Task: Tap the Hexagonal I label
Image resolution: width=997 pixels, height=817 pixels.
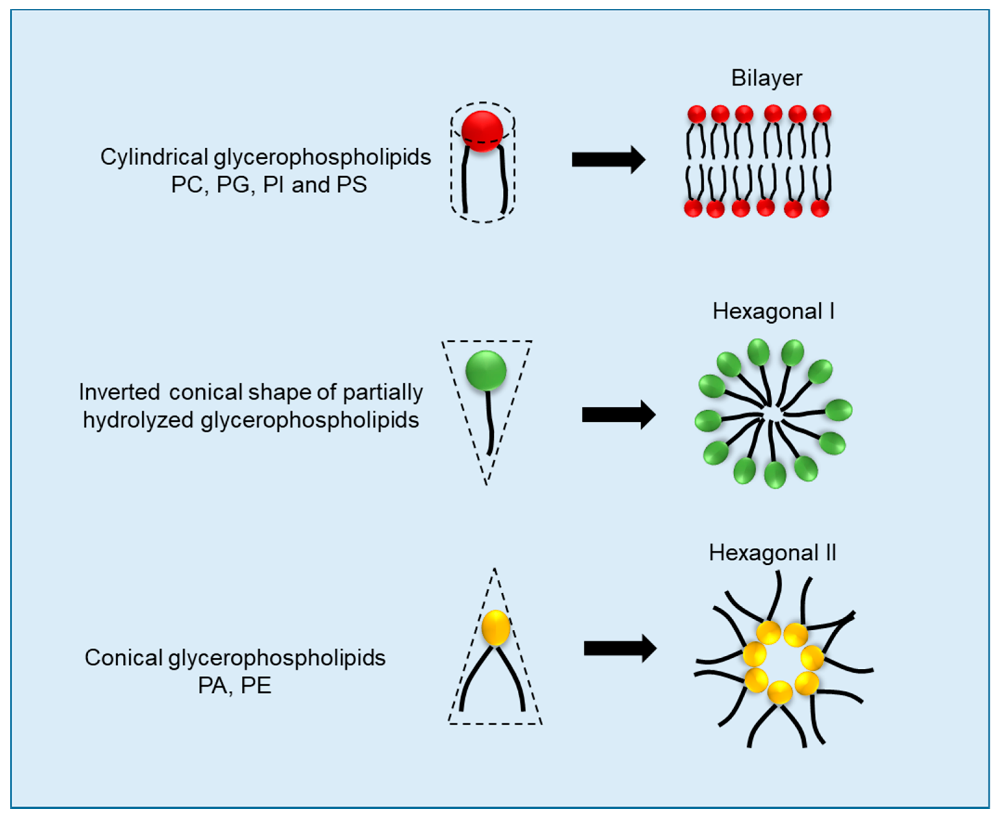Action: point(773,312)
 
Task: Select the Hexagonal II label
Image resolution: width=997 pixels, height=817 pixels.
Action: point(772,553)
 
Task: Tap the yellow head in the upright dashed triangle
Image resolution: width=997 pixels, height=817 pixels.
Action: point(495,627)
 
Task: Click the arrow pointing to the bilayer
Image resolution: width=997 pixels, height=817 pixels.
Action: point(608,160)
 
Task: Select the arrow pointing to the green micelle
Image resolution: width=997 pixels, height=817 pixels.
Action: point(618,415)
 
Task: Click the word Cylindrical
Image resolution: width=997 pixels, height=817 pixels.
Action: point(154,157)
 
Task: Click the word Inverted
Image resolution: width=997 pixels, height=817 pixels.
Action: point(119,392)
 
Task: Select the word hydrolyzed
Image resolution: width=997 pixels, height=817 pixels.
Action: point(138,420)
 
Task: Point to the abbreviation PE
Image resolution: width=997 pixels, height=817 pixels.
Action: point(256,686)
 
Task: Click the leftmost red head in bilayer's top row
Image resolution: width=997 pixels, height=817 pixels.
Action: point(696,114)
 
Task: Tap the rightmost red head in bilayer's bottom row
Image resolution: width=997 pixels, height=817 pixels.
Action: point(820,208)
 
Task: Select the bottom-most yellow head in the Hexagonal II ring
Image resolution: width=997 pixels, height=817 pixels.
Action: point(779,692)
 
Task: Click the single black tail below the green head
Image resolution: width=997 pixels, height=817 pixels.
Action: point(489,424)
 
